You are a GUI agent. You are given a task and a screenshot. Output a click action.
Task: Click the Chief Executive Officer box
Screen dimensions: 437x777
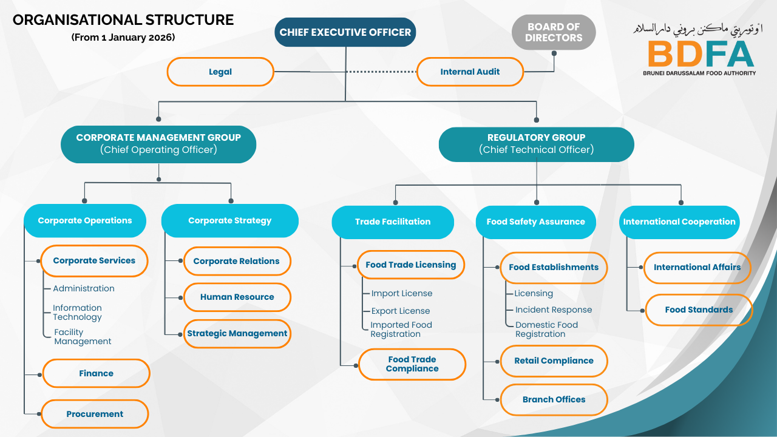345,32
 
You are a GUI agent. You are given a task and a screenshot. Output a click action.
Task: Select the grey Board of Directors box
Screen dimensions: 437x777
554,32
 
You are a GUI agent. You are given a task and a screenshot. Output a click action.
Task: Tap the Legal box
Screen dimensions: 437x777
220,72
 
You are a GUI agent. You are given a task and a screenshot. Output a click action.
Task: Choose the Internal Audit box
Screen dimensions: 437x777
470,72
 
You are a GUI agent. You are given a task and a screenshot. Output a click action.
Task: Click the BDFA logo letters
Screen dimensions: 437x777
701,53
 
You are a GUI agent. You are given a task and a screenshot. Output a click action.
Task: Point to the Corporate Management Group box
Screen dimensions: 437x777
158,144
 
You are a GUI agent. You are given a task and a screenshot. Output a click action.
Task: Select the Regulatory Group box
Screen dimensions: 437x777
536,144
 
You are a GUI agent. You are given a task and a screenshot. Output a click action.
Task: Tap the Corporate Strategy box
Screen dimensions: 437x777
229,220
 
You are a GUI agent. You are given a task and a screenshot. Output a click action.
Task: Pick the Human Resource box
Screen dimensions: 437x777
237,297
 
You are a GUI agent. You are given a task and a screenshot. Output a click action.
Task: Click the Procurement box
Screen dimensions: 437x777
95,414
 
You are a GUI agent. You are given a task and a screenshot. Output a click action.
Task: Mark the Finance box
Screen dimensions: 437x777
96,373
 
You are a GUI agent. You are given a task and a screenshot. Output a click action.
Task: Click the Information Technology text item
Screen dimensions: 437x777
77,313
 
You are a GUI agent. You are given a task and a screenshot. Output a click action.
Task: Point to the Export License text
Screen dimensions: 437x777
401,311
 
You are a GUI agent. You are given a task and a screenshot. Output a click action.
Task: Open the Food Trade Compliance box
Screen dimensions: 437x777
412,364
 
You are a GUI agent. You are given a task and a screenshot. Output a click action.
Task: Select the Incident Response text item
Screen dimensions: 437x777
553,310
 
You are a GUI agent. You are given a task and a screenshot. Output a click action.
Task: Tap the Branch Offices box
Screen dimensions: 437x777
554,399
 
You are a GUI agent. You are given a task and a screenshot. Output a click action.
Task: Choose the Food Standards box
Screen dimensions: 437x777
699,310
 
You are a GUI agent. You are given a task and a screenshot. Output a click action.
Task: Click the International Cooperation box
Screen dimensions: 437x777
679,222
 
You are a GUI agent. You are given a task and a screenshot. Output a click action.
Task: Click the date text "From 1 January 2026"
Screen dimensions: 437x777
123,37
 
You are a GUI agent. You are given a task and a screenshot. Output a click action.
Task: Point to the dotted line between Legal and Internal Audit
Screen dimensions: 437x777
381,72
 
